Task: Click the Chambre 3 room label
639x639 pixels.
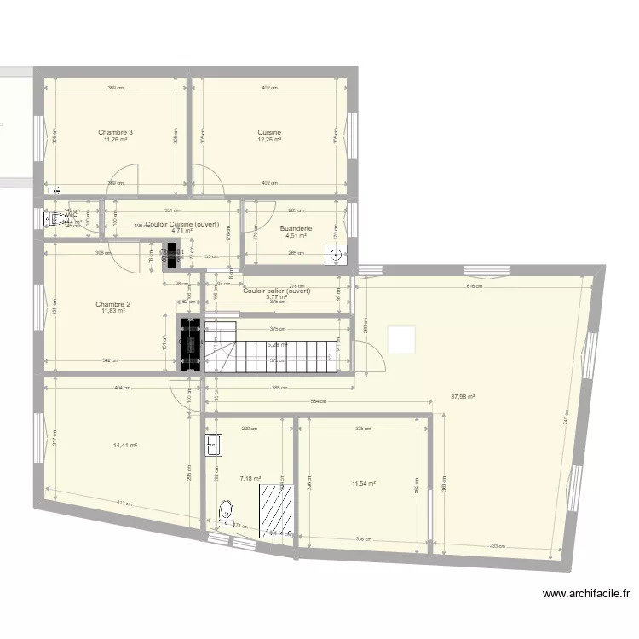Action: pyautogui.click(x=115, y=132)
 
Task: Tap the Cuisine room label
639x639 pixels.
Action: pyautogui.click(x=269, y=132)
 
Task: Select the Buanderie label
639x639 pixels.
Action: pyautogui.click(x=296, y=228)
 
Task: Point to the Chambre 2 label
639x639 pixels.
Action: pyautogui.click(x=112, y=304)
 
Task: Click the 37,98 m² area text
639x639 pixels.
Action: pyautogui.click(x=462, y=396)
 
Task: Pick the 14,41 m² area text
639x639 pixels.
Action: pyautogui.click(x=125, y=445)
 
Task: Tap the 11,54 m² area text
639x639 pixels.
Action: pyautogui.click(x=364, y=484)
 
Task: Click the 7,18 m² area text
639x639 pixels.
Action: pyautogui.click(x=250, y=479)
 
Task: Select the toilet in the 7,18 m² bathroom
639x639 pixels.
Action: pyautogui.click(x=226, y=514)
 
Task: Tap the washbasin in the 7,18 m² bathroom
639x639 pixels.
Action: pyautogui.click(x=212, y=445)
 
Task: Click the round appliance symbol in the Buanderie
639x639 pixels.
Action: pyautogui.click(x=337, y=254)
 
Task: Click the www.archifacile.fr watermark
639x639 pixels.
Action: pyautogui.click(x=587, y=595)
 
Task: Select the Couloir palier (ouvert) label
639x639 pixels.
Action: pyautogui.click(x=276, y=291)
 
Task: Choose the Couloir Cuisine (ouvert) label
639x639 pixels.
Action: pyautogui.click(x=182, y=225)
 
